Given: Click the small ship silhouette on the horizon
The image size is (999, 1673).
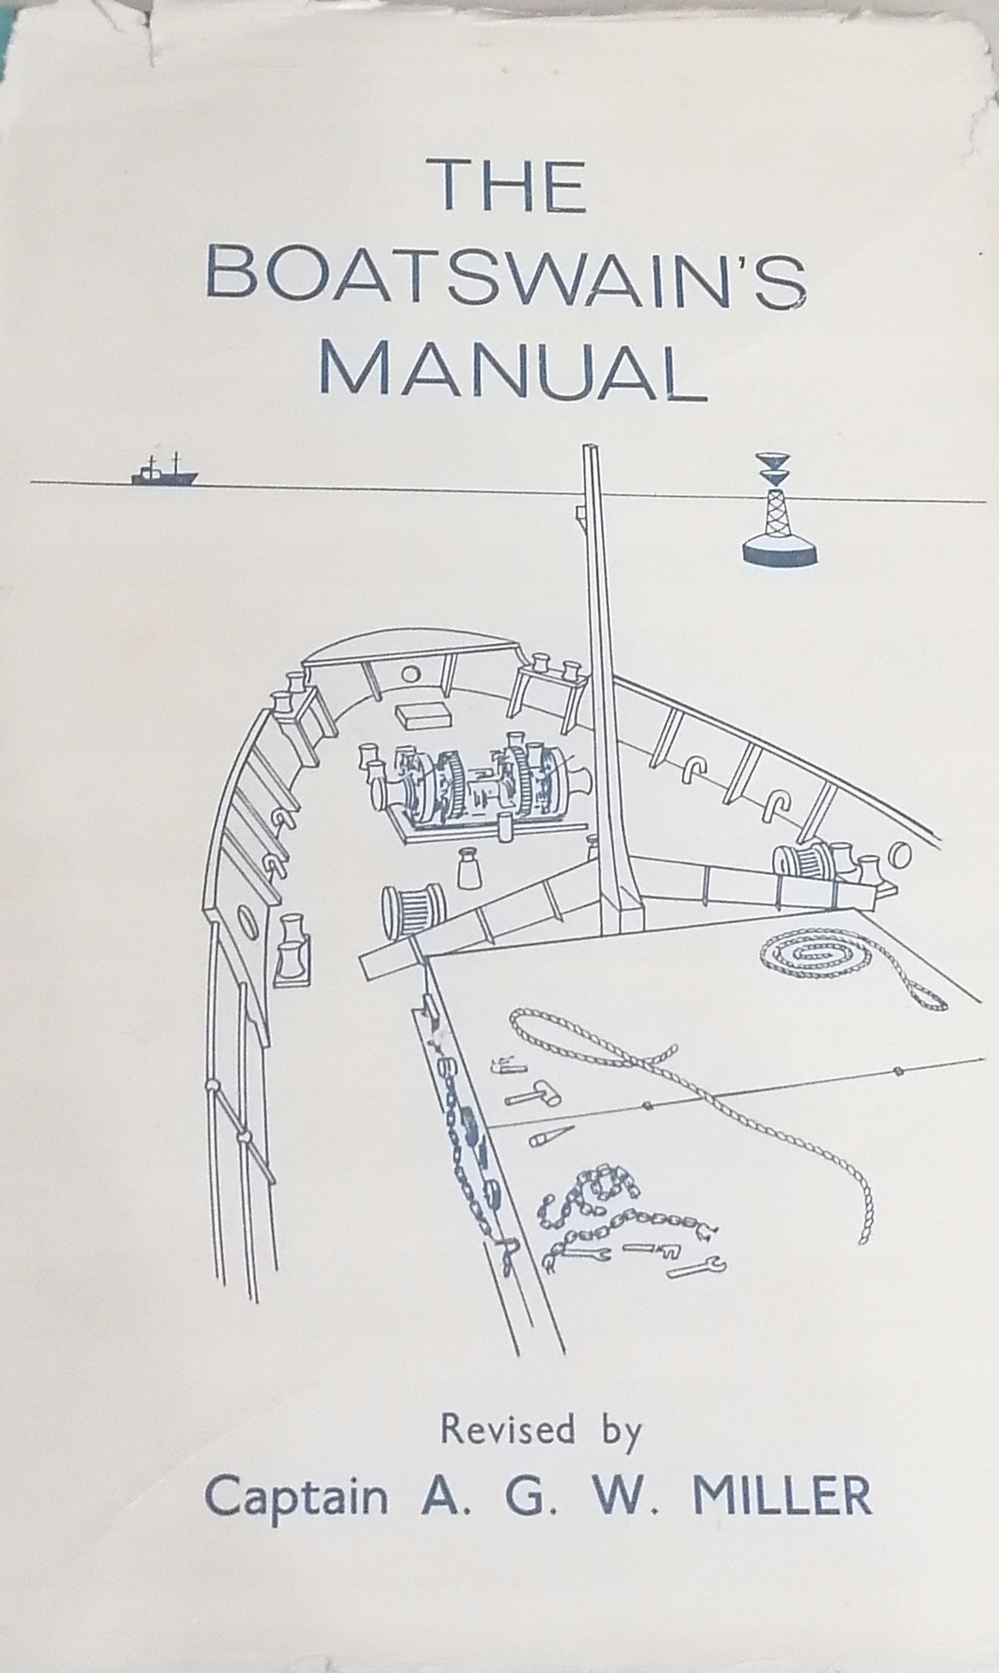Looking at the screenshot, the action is (x=163, y=472).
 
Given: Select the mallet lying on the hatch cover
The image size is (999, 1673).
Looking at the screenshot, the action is (x=531, y=1095).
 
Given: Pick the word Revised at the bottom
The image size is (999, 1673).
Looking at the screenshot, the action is (x=508, y=1431).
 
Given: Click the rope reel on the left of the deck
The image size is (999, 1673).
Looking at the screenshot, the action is (x=411, y=913).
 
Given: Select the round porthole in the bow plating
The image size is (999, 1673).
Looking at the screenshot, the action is (x=410, y=674).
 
